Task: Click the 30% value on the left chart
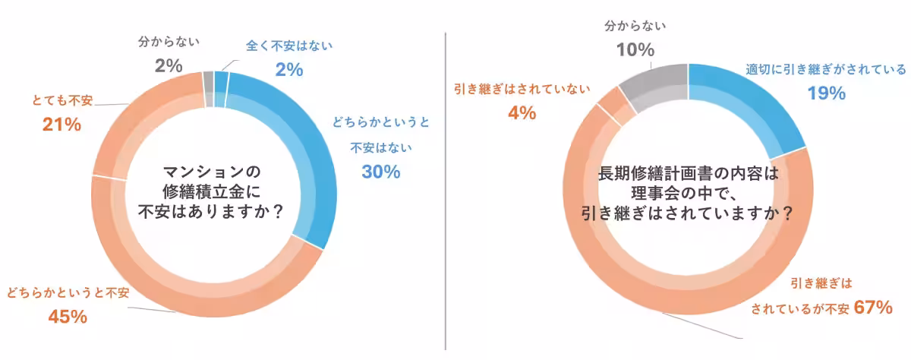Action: click(380, 172)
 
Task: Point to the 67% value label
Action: click(872, 308)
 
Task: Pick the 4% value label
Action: click(522, 114)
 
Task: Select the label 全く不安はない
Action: click(289, 47)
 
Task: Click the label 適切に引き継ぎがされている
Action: click(824, 70)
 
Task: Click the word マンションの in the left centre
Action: click(213, 172)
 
